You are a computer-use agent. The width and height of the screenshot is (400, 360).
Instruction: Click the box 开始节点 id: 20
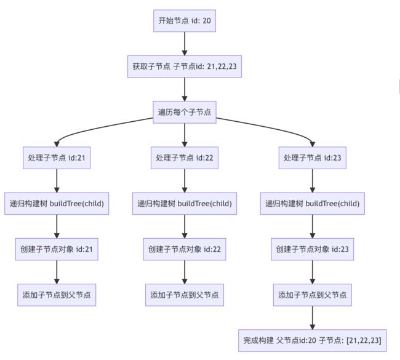(x=185, y=21)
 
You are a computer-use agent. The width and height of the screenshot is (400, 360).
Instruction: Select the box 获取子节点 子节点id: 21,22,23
(x=185, y=66)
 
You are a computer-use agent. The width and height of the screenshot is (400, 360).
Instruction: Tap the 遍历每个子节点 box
(x=185, y=112)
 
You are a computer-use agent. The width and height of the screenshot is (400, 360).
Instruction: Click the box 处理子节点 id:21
(x=57, y=158)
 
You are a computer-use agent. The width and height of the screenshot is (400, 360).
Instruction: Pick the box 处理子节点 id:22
(x=185, y=158)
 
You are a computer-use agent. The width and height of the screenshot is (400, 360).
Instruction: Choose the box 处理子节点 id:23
(x=313, y=158)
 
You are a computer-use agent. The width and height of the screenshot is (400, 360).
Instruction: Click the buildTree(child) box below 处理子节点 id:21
(x=57, y=203)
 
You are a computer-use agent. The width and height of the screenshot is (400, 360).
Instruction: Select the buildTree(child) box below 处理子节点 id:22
(x=185, y=203)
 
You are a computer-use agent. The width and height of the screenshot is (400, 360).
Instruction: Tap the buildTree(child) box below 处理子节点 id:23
(x=313, y=203)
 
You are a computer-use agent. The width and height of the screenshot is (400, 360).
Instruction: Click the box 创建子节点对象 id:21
(x=57, y=249)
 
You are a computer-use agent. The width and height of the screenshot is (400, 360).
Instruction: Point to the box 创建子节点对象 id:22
(x=185, y=249)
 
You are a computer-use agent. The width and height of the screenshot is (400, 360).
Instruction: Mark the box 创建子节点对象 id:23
(x=313, y=249)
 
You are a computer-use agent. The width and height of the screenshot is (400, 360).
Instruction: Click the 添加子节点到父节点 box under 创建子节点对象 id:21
(x=57, y=295)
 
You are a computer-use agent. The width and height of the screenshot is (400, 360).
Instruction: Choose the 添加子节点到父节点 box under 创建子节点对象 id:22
(x=185, y=295)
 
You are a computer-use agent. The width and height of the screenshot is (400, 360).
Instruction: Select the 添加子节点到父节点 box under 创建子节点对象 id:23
(x=313, y=295)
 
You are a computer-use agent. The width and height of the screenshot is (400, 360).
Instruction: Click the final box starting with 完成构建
(x=313, y=340)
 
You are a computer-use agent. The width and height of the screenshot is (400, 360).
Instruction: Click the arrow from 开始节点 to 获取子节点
(x=185, y=44)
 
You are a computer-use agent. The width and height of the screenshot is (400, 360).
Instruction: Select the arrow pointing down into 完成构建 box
(x=313, y=318)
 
